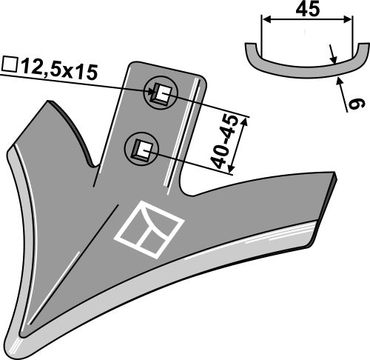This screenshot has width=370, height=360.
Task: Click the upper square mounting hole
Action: [161, 94]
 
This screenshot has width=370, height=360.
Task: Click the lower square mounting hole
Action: [141, 148]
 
